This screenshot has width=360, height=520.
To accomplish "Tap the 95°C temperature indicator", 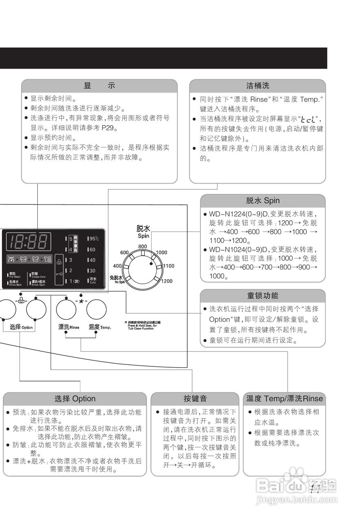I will (x=94, y=239).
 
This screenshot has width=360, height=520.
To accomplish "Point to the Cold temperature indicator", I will (x=93, y=280).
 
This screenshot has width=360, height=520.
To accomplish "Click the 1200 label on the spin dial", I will (x=167, y=281).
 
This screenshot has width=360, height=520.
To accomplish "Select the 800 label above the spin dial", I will (x=142, y=247).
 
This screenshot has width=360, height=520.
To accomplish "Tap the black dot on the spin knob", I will (x=152, y=264).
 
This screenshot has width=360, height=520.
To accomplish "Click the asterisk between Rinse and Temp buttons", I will (x=81, y=301).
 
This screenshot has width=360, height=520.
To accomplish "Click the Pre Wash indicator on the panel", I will (x=15, y=275).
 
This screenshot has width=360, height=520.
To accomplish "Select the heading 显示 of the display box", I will (x=99, y=86).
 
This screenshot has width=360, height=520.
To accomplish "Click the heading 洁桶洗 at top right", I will (x=258, y=86).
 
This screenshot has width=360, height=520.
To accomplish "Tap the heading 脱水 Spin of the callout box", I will (x=263, y=201).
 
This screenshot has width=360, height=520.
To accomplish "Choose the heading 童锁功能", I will (x=263, y=295).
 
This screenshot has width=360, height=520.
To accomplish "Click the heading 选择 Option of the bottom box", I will (x=75, y=399).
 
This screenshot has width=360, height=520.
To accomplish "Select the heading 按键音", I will (x=195, y=399).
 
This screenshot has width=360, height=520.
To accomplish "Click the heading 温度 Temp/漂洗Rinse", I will (x=284, y=399).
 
